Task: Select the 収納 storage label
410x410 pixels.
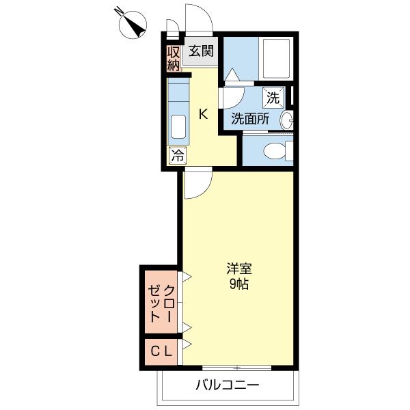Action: point(174,57)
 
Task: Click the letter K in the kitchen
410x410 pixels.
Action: point(203,114)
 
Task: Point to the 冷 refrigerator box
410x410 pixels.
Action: point(177,155)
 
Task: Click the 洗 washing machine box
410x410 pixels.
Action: point(273,98)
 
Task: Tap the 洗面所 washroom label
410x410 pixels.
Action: point(249,118)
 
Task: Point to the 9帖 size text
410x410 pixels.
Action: point(238,284)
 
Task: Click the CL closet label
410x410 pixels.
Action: point(161,351)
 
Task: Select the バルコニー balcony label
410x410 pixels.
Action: point(228,385)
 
